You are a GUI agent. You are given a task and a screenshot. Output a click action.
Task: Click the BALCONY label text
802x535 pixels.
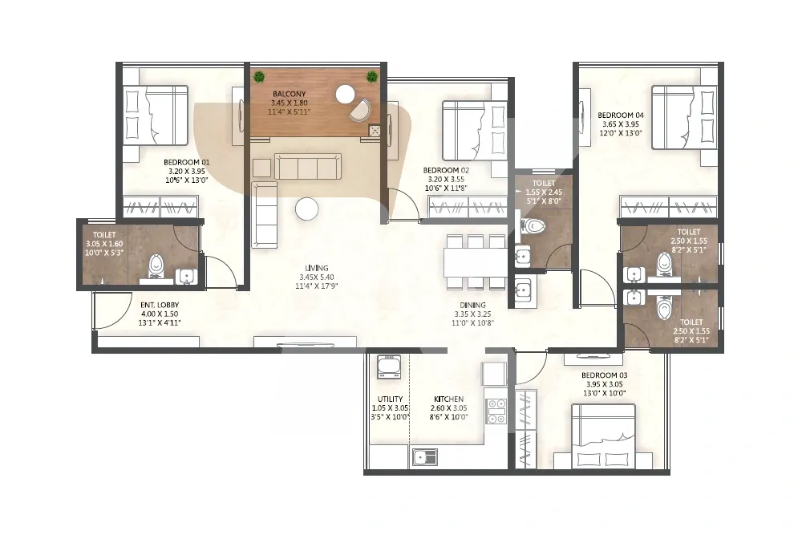point(289,94)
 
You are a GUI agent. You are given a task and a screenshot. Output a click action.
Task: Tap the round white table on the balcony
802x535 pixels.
point(345,94)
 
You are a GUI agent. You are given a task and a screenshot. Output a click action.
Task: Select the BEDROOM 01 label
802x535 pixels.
point(187,163)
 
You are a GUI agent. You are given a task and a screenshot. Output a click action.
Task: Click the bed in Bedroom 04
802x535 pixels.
point(682,117)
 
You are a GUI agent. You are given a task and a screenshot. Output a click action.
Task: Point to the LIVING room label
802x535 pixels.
point(317,268)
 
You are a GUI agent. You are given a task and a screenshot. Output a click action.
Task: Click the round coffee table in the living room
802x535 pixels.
point(306,209)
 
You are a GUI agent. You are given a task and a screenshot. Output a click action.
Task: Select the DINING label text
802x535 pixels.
point(472,306)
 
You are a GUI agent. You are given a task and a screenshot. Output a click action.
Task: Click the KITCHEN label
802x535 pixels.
point(448,399)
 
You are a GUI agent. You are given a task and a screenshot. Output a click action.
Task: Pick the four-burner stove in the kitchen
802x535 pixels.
point(496,411)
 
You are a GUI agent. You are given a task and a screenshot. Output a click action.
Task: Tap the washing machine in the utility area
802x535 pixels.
point(389,367)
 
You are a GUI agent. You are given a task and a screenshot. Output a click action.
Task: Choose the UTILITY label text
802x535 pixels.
point(391,399)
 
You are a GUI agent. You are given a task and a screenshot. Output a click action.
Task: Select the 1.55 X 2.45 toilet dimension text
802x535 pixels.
point(544,193)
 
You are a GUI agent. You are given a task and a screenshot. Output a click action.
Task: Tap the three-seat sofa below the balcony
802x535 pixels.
point(308,166)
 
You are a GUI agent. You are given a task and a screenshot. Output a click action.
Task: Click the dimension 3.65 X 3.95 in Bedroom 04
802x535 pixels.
point(621,124)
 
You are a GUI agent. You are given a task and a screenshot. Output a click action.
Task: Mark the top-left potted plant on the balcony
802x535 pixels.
point(260,77)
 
